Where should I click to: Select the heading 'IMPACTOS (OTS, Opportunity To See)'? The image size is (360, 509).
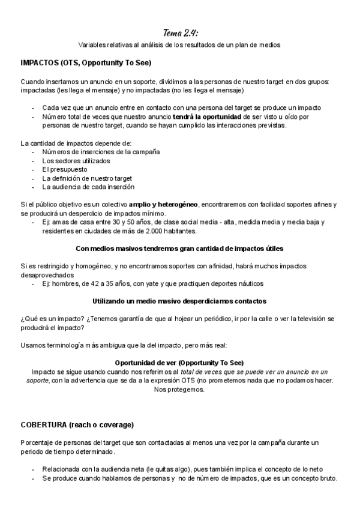coord(85,63)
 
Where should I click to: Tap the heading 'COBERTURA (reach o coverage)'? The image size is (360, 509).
coord(77,425)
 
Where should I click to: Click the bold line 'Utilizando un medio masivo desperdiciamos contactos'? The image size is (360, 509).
coord(180,300)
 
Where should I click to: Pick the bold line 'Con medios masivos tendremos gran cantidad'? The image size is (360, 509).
coord(180,248)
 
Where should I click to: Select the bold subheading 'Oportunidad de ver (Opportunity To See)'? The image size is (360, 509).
coord(179,363)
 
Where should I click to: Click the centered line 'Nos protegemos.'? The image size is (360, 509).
coord(179,390)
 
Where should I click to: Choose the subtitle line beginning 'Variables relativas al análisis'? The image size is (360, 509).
coord(180,45)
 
